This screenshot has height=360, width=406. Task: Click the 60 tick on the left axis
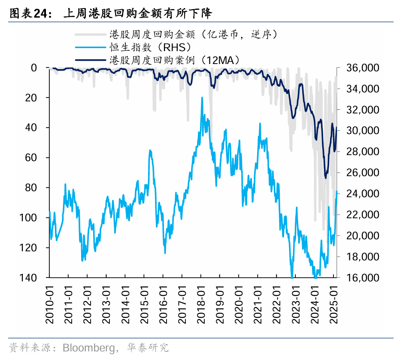[x=38, y=158]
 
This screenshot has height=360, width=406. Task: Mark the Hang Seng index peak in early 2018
[x=202, y=98]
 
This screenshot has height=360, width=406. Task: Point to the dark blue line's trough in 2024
[x=326, y=177]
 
